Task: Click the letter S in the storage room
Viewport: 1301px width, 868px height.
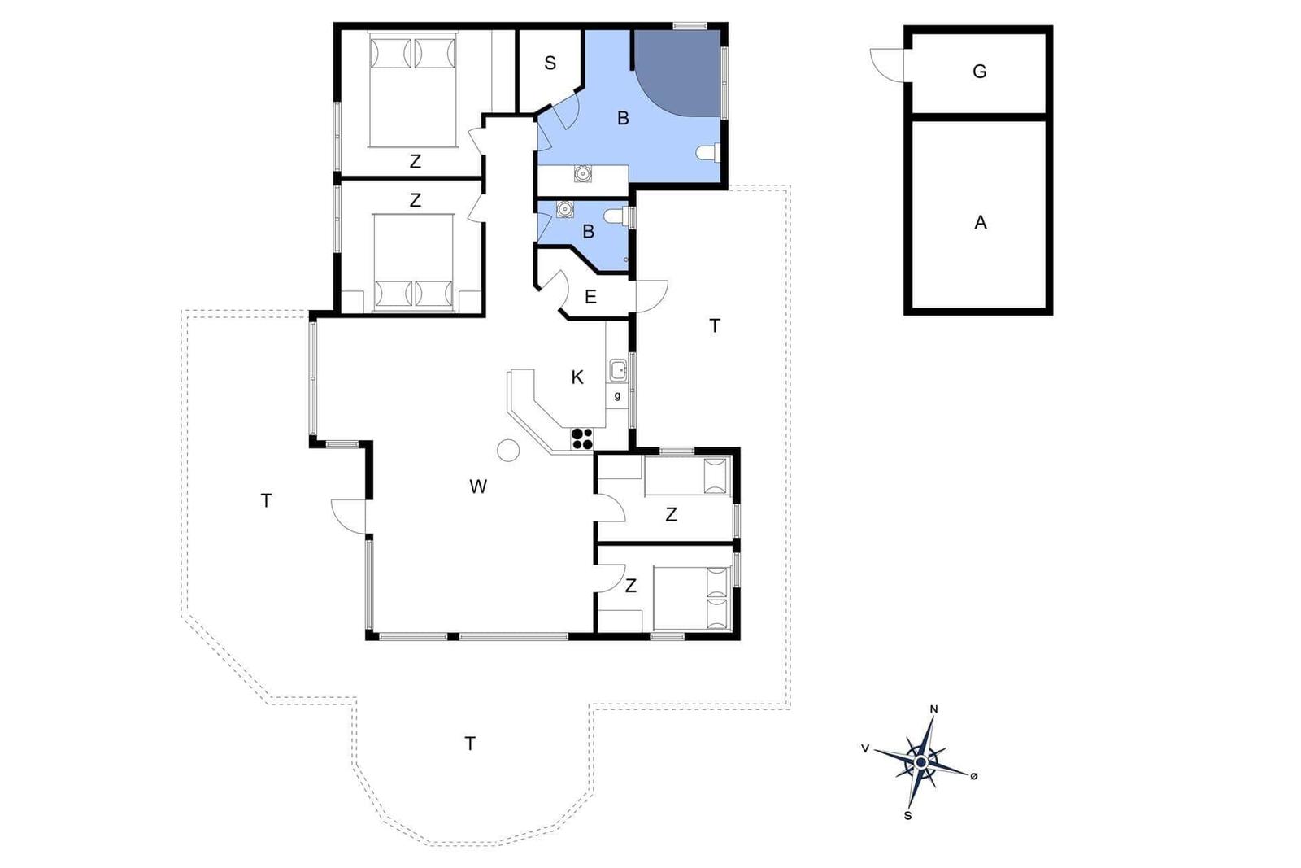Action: coord(550,63)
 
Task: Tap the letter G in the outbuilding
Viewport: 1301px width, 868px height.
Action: coord(979,72)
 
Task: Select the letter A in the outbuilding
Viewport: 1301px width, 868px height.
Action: coord(981,223)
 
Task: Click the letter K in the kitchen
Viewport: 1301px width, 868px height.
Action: coord(577,377)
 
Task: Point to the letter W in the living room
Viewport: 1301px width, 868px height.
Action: coord(478,486)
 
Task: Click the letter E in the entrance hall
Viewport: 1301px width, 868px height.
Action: coord(590,298)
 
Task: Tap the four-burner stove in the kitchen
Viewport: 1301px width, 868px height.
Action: coord(582,438)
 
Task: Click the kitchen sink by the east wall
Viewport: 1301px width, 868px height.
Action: coord(618,370)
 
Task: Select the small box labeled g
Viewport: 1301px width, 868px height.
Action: coord(617,396)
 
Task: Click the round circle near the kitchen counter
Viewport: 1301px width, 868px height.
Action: coord(508,450)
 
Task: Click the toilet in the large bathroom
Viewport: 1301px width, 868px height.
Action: coord(708,152)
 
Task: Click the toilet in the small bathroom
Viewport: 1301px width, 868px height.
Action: coord(617,216)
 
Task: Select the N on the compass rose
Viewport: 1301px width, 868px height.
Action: coord(934,709)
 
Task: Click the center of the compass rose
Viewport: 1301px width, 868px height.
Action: coord(921,762)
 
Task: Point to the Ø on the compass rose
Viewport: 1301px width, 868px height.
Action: coord(974,775)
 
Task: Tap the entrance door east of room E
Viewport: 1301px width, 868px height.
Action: coord(651,296)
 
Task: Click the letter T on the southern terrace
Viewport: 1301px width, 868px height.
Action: coord(470,743)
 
